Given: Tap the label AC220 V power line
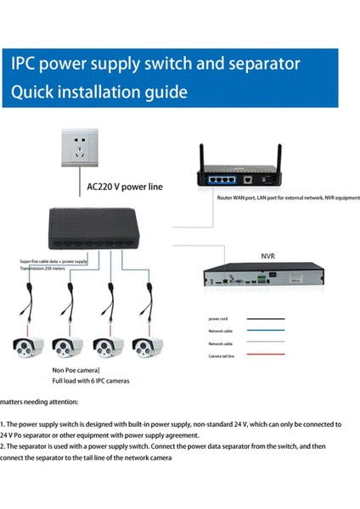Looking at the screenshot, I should click(126, 186).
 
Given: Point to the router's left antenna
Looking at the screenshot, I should click(203, 156).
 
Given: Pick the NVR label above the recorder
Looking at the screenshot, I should click(267, 255).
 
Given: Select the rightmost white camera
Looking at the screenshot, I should click(148, 346).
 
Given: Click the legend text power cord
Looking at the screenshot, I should click(218, 320).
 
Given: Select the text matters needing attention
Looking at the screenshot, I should click(39, 401).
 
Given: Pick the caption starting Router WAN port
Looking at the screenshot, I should click(288, 196).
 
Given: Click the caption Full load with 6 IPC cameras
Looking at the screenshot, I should click(91, 381).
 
